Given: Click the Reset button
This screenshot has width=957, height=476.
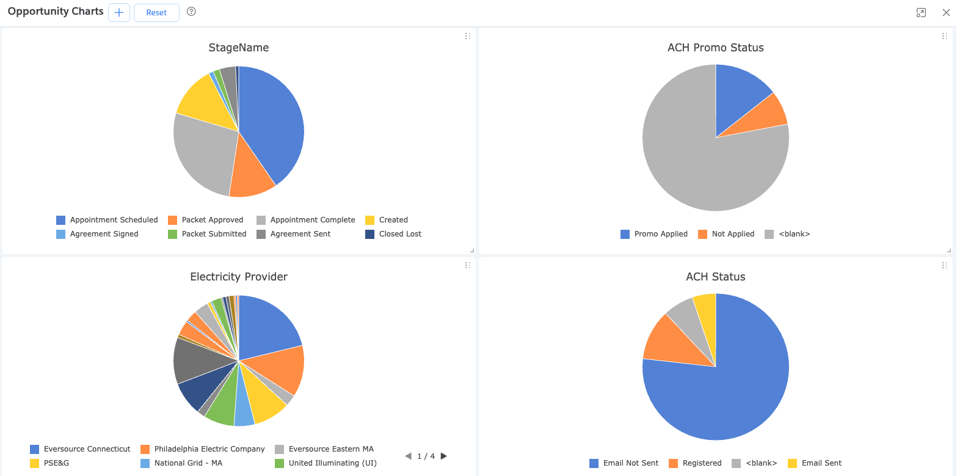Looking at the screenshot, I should [x=156, y=12].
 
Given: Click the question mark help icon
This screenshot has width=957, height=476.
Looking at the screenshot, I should [x=191, y=12].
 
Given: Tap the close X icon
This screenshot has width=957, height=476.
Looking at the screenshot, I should [x=946, y=12].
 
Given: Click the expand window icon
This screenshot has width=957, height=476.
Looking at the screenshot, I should [x=921, y=12].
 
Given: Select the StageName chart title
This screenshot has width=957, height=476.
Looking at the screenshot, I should [x=239, y=48].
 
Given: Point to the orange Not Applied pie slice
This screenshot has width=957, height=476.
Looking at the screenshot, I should [x=769, y=113].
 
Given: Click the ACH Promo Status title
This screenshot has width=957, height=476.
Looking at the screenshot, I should [x=715, y=48].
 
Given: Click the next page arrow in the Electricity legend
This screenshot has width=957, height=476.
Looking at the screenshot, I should [x=444, y=456].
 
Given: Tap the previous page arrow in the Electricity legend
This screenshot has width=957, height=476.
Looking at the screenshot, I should [x=408, y=456].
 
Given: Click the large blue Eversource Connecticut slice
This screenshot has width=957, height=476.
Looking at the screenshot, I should [x=269, y=327].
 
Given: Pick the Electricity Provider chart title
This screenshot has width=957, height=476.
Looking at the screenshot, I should [x=239, y=277].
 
